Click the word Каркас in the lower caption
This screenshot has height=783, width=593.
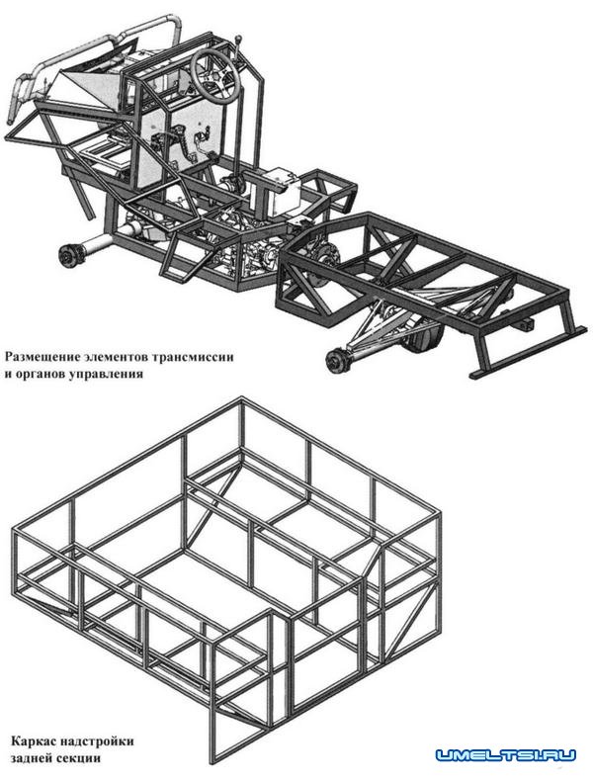click(30, 740)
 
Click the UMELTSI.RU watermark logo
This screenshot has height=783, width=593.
click(505, 755)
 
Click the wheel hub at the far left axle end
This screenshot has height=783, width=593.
click(66, 254)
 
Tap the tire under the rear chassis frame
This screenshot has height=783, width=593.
click(423, 338)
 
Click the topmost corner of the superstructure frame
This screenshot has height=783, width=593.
click(242, 399)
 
